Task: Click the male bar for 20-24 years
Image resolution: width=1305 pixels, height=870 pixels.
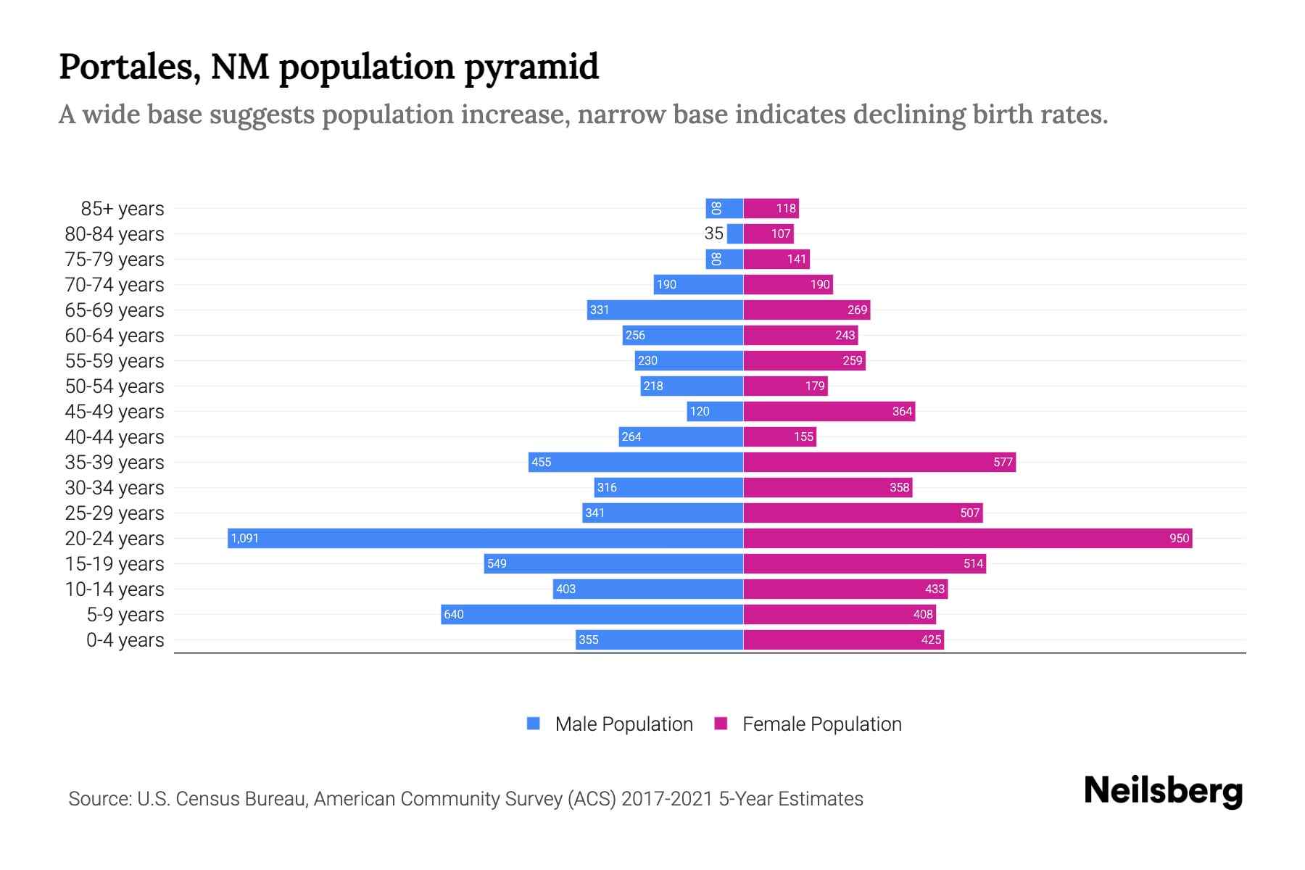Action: click(x=486, y=538)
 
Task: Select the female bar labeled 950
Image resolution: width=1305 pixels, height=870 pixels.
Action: click(x=967, y=538)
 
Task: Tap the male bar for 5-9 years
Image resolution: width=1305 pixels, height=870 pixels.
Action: click(x=592, y=614)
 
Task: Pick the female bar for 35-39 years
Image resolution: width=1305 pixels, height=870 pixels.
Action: click(x=879, y=462)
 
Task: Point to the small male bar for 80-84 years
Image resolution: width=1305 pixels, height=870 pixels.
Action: click(x=735, y=233)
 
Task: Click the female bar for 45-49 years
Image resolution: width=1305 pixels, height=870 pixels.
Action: click(x=829, y=411)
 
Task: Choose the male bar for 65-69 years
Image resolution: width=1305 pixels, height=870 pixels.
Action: click(x=665, y=310)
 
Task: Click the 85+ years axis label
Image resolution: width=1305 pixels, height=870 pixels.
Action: click(x=123, y=209)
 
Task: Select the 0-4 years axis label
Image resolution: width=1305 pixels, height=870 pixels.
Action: click(x=125, y=640)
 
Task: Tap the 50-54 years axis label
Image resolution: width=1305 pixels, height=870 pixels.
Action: click(x=115, y=386)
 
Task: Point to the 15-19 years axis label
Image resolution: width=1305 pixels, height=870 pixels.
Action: click(x=115, y=564)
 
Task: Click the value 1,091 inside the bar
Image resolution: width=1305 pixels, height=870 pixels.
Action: click(x=245, y=539)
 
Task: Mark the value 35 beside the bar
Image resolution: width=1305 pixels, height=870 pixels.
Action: click(x=714, y=233)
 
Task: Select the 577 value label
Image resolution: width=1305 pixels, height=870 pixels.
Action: click(x=1003, y=463)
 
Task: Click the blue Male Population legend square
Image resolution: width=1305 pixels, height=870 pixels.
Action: click(x=534, y=724)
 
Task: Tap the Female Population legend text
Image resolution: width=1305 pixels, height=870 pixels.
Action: click(x=822, y=724)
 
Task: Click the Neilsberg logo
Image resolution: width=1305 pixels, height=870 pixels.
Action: click(x=1163, y=791)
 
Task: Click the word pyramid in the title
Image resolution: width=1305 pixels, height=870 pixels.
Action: click(x=531, y=67)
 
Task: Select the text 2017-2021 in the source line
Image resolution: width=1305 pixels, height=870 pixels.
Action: click(x=667, y=799)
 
